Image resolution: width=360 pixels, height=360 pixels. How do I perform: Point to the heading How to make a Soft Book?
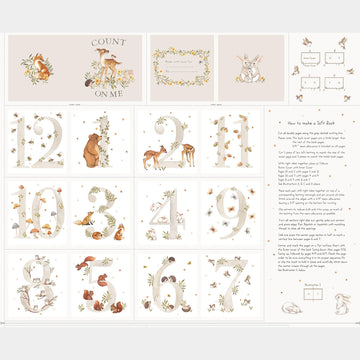coord(309,118)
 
